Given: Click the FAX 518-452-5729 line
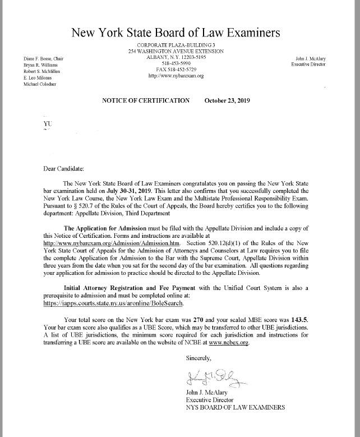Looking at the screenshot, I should click(x=176, y=69).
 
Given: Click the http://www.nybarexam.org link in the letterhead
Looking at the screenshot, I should click(x=176, y=75).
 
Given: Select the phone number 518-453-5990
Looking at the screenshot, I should click(x=176, y=63).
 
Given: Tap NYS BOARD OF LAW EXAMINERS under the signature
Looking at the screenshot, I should click(x=235, y=407).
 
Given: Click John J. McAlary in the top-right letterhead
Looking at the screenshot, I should click(x=311, y=59).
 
